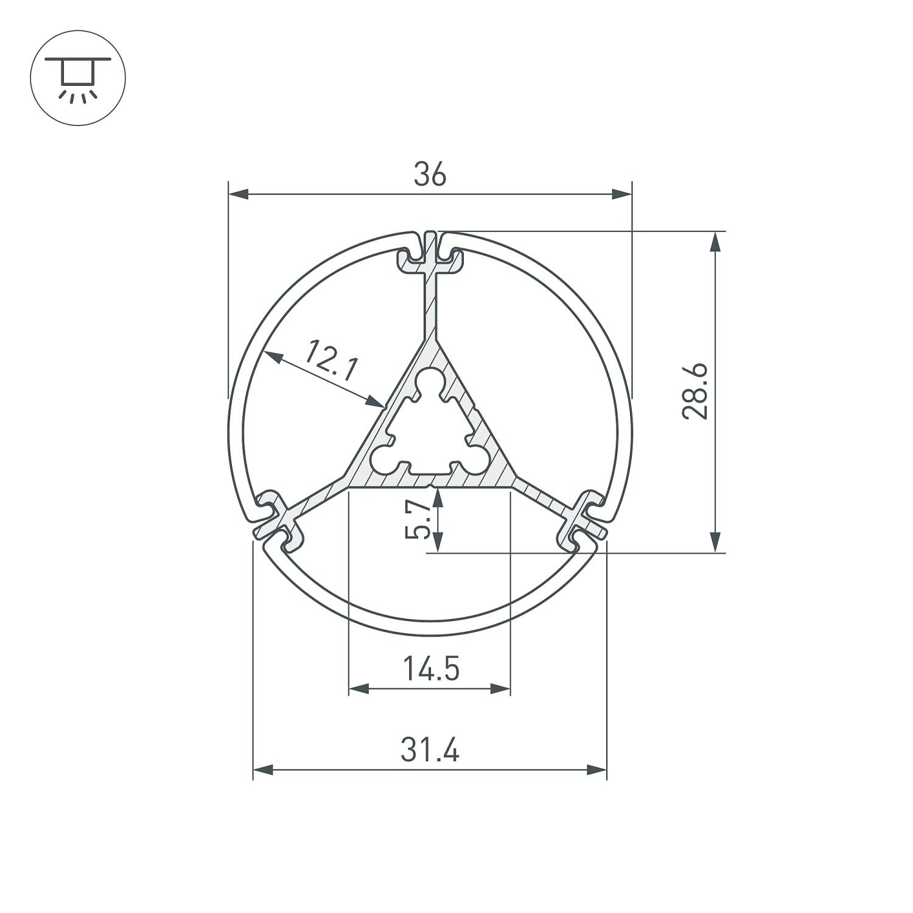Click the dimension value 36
click(x=430, y=175)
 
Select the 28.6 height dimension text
click(x=694, y=391)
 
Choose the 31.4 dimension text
click(x=430, y=750)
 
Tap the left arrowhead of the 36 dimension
click(x=239, y=195)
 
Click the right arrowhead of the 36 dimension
click(x=621, y=195)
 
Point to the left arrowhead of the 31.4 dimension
click(x=263, y=771)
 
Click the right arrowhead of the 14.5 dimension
click(x=500, y=689)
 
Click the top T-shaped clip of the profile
click(x=430, y=256)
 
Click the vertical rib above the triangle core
click(x=430, y=307)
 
